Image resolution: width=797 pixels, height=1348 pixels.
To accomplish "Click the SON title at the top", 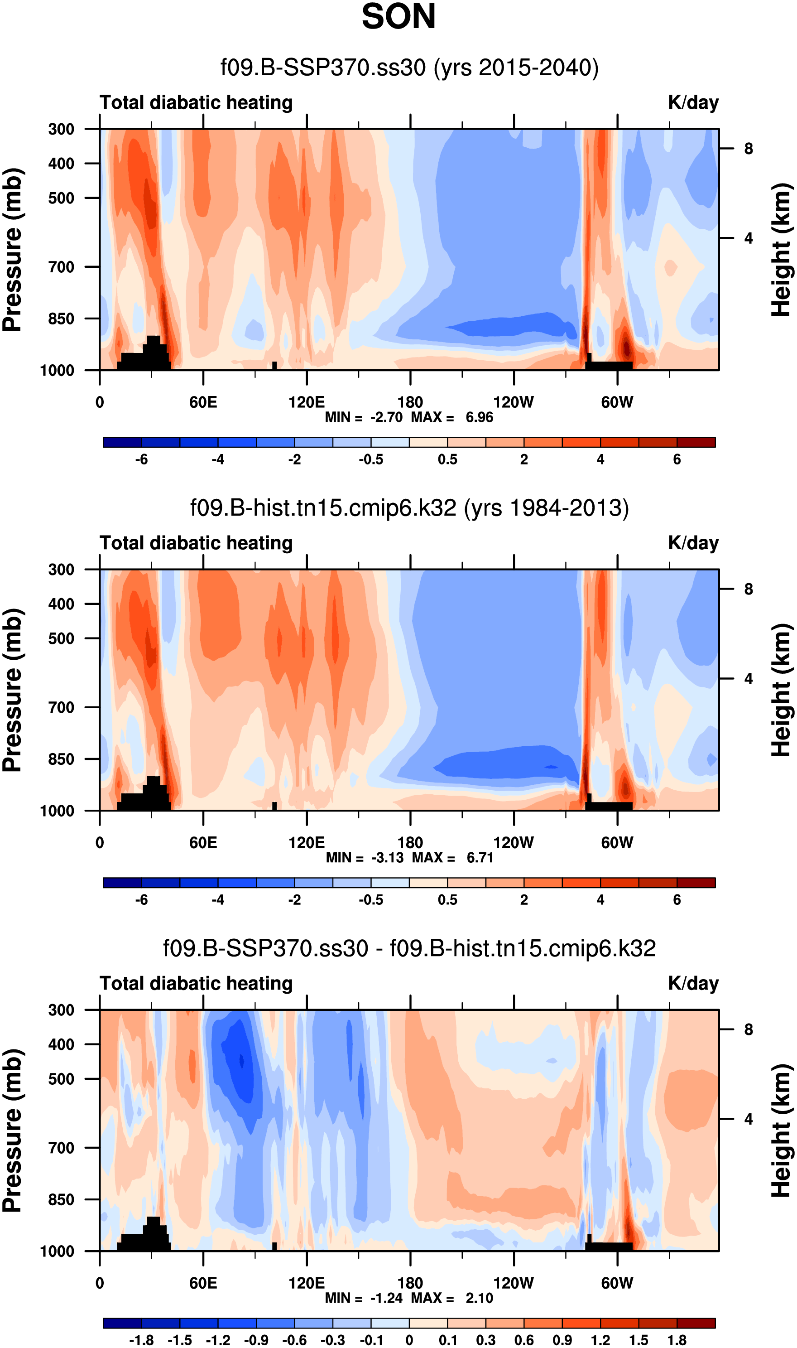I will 398,17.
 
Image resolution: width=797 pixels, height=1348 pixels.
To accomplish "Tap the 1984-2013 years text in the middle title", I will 546,508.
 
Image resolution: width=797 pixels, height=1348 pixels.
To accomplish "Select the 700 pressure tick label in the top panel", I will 61,267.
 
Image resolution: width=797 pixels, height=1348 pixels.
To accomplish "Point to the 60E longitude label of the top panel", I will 203,402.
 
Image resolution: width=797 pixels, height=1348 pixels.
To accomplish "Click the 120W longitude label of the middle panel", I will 514,842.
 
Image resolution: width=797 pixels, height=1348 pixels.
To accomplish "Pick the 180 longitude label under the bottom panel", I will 410,1283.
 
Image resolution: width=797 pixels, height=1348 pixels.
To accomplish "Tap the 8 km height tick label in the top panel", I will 748,149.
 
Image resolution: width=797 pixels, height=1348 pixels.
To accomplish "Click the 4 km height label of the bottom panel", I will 748,1120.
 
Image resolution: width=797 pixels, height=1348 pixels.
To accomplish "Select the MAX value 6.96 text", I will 479,417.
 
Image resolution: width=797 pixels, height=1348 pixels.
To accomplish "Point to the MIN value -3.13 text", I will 387,857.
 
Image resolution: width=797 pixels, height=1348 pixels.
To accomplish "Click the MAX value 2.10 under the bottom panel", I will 479,1298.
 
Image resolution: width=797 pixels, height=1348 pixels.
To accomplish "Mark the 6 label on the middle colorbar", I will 677,899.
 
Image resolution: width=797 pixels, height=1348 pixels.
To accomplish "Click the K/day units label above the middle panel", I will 693,543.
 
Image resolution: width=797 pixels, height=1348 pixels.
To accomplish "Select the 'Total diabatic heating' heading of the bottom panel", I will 196,983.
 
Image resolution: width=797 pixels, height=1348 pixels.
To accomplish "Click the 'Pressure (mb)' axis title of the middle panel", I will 12,691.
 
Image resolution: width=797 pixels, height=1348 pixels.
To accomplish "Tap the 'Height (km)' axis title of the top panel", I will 782,250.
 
